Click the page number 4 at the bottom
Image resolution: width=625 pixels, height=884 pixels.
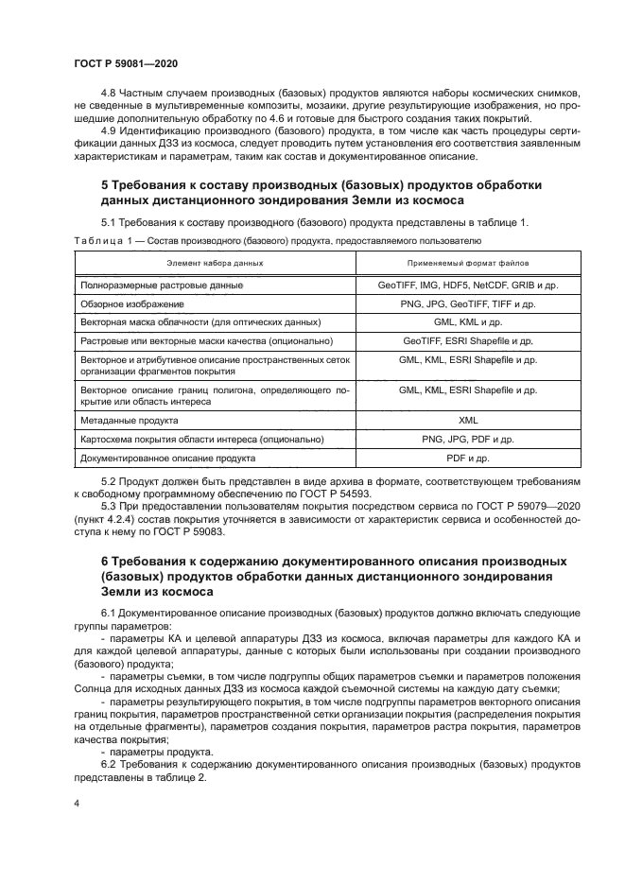[x=77, y=801]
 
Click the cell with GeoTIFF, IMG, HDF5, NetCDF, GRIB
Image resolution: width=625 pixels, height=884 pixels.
[x=468, y=285]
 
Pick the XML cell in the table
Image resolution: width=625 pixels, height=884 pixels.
[x=468, y=420]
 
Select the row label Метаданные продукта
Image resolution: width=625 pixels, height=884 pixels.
[x=130, y=420]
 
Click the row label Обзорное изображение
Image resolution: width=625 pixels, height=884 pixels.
[x=132, y=304]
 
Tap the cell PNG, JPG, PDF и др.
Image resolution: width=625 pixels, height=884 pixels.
[x=468, y=440]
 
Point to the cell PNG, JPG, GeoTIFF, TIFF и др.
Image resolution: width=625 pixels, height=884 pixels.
[x=468, y=304]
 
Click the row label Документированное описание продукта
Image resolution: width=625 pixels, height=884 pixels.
[x=168, y=459]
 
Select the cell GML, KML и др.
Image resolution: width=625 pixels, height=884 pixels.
[x=468, y=322]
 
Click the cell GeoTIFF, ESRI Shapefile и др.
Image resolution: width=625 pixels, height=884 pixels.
[x=468, y=341]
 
